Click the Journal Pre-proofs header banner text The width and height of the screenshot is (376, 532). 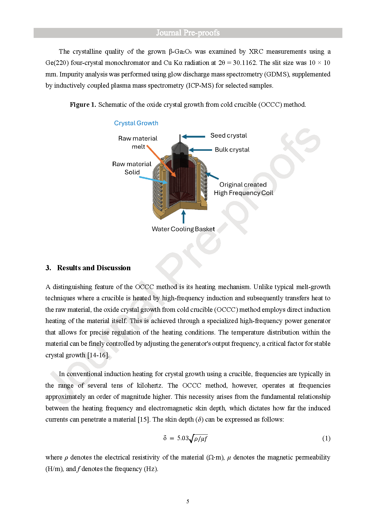[x=188, y=33]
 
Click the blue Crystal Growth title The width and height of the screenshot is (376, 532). [x=136, y=123]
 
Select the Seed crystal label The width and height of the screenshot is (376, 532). [x=228, y=136]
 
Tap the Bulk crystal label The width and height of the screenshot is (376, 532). [x=232, y=150]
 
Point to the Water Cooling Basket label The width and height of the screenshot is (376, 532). [x=183, y=229]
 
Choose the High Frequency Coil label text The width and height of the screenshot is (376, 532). [x=243, y=193]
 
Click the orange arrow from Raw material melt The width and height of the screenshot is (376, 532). [x=161, y=161]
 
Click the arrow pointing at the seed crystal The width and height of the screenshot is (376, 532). [x=194, y=137]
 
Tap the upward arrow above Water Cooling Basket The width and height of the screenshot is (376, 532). [x=183, y=217]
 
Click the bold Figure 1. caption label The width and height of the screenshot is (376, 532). [x=83, y=105]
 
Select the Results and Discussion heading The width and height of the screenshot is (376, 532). [x=94, y=268]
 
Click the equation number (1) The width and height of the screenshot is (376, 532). [x=326, y=438]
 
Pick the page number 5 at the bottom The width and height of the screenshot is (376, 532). [x=188, y=501]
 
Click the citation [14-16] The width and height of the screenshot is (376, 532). [x=98, y=355]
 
